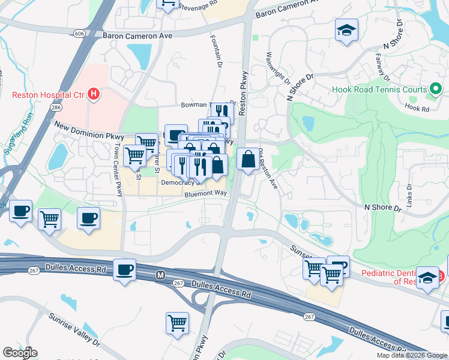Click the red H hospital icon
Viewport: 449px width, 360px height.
pos(93,94)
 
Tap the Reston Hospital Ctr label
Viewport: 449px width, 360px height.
pos(48,94)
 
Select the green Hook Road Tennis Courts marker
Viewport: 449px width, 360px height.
pos(436,91)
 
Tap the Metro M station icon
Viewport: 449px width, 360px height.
pos(160,275)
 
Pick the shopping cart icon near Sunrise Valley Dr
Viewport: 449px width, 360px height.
pos(178,322)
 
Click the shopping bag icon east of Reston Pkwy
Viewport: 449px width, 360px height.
pos(249,159)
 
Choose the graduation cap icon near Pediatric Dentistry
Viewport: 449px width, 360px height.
pos(427,277)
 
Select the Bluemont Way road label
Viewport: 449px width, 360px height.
pos(206,193)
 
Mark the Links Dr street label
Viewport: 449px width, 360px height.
pos(410,193)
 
